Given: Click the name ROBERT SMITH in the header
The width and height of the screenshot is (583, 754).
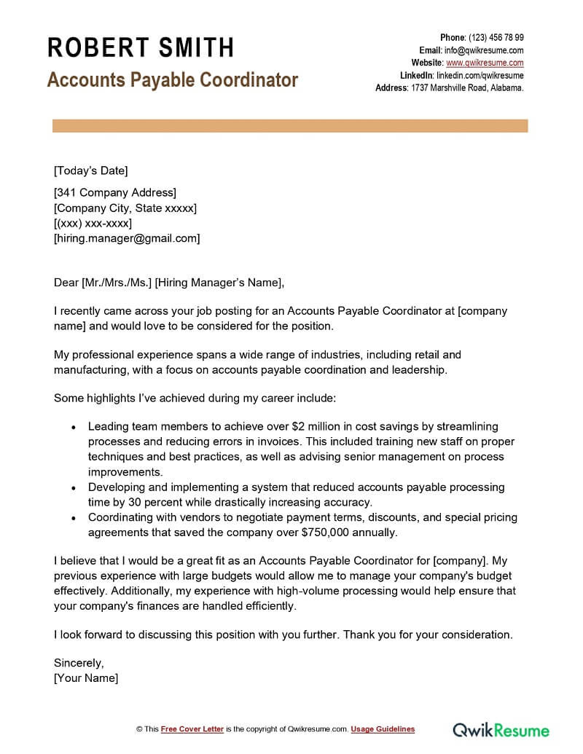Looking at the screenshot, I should [141, 48].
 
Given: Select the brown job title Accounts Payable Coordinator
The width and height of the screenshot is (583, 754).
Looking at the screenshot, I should [173, 79].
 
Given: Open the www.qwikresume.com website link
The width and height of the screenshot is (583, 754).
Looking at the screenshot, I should [485, 63].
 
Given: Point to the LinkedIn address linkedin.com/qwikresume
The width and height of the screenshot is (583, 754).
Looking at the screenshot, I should [480, 75].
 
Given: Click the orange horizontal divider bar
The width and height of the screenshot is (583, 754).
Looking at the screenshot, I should [290, 127].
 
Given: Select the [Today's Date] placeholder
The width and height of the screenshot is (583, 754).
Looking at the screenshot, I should [90, 171].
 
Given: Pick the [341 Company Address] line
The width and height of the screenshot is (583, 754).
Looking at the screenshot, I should [115, 193].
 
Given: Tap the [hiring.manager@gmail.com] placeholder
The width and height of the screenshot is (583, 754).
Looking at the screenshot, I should [127, 238].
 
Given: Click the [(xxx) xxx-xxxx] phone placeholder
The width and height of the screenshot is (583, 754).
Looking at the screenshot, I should [93, 223].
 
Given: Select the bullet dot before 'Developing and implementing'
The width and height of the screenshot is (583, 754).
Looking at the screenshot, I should [73, 487].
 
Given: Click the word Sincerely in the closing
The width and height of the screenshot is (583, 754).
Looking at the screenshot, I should [79, 663].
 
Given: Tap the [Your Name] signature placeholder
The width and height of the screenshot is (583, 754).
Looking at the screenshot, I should [86, 678].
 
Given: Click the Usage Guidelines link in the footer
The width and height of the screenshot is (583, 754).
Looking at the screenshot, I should [383, 729].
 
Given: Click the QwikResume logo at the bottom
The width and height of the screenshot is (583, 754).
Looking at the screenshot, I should [501, 729].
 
